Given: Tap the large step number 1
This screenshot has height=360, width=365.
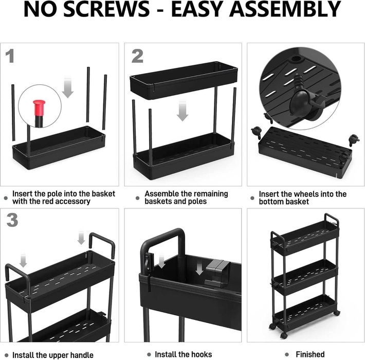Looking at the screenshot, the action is point(10,56).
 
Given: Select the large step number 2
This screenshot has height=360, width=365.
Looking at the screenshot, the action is point(137,56).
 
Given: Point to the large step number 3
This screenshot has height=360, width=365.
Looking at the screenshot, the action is point(12,220).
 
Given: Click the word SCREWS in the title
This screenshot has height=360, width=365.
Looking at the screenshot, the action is point(106,9).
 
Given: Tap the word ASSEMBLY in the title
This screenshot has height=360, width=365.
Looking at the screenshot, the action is point(285,9).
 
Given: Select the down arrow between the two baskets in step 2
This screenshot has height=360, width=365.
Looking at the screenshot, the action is point(182,111).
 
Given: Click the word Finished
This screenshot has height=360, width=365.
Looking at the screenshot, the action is point(310,354).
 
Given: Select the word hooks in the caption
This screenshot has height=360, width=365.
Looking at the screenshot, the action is point(202,354).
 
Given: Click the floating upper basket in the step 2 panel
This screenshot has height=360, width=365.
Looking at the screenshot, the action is point(184,80).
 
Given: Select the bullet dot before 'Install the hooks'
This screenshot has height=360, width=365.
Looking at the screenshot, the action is point(149,355).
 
